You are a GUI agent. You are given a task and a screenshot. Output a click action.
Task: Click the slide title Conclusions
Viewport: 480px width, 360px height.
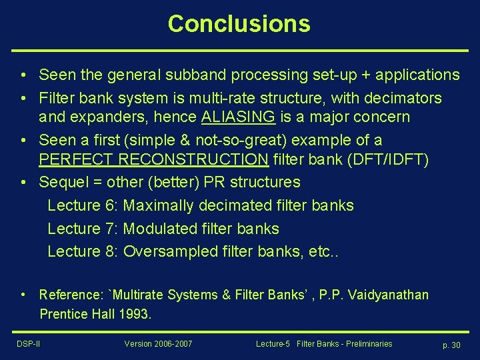tap(239, 24)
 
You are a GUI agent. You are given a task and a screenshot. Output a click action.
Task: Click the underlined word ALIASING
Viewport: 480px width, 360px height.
tap(238, 117)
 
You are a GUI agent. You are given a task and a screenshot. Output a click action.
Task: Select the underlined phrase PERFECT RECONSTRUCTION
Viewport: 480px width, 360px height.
tap(154, 159)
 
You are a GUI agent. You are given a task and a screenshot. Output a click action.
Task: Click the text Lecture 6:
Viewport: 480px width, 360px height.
tap(83, 205)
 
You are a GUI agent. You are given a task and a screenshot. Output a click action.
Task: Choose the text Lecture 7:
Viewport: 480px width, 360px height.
tap(83, 229)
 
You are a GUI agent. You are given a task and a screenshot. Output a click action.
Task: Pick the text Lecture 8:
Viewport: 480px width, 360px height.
tap(83, 251)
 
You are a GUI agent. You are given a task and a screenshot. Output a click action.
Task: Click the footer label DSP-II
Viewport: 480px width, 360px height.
tap(29, 343)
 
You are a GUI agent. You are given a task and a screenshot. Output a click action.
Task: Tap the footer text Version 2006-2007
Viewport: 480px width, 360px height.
tap(158, 343)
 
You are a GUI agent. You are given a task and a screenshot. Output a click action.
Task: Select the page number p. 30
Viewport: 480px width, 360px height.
tap(451, 345)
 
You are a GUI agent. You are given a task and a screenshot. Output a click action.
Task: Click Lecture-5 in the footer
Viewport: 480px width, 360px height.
tap(273, 343)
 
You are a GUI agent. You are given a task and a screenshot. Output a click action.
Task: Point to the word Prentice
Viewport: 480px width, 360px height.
tap(62, 314)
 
